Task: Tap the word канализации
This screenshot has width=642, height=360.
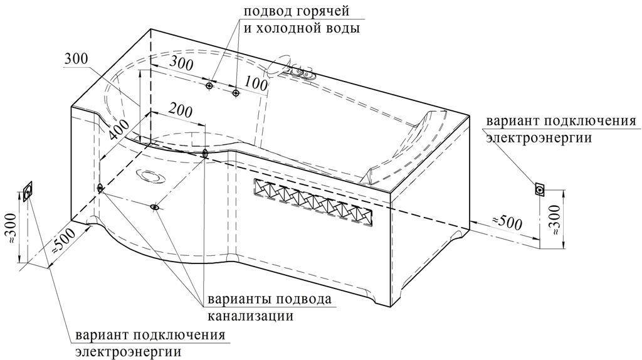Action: click(251, 315)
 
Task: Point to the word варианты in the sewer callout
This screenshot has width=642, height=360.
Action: click(239, 299)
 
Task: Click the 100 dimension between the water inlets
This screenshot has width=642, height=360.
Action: click(256, 85)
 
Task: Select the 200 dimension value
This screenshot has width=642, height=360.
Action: click(181, 110)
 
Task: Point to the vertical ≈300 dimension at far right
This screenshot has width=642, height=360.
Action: click(555, 220)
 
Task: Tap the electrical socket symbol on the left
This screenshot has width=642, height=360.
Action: click(28, 191)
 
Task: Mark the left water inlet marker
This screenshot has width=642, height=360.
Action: click(209, 85)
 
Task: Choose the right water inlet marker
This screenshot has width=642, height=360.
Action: click(236, 93)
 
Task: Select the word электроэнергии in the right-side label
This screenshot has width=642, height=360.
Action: click(539, 137)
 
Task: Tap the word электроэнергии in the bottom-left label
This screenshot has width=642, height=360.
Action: click(128, 351)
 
